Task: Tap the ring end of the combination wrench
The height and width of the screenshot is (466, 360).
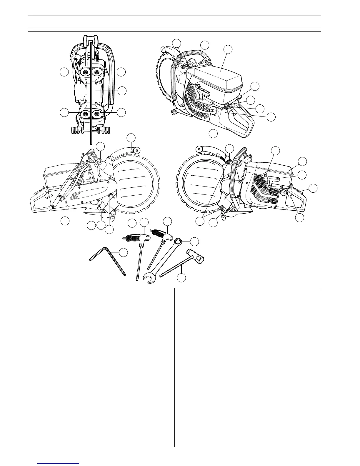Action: coord(178,242)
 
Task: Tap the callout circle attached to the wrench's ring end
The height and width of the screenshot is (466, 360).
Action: coord(194,242)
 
